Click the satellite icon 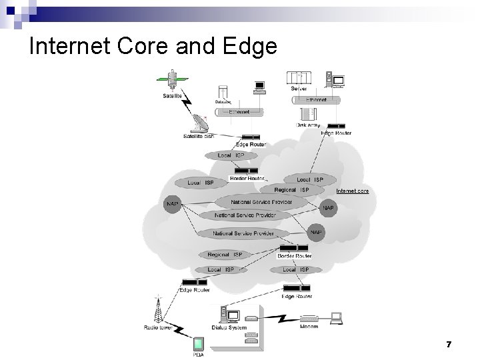173,80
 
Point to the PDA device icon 199,345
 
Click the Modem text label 309,326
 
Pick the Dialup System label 229,327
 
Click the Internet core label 352,191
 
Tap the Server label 299,89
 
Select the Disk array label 308,125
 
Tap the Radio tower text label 158,327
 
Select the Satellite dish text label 198,137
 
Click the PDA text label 199,355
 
